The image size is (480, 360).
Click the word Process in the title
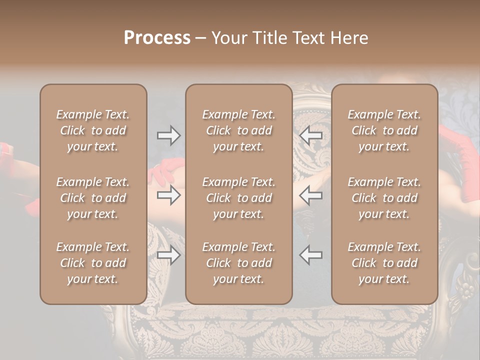[157, 38]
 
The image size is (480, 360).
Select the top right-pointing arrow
[168, 135]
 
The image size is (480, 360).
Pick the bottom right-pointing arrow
[168, 255]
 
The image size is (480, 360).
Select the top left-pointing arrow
[310, 135]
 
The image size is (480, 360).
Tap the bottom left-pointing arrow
[310, 255]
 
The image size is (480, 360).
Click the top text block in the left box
[93, 130]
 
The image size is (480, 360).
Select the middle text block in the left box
[93, 198]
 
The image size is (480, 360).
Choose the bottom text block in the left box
[93, 263]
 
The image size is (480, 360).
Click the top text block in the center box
[238, 130]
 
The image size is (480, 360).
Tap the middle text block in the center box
[238, 198]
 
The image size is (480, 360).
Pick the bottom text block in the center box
[238, 263]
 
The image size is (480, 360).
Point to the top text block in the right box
[384, 130]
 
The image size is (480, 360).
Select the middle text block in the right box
[384, 198]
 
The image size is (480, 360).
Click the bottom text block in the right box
[384, 263]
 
